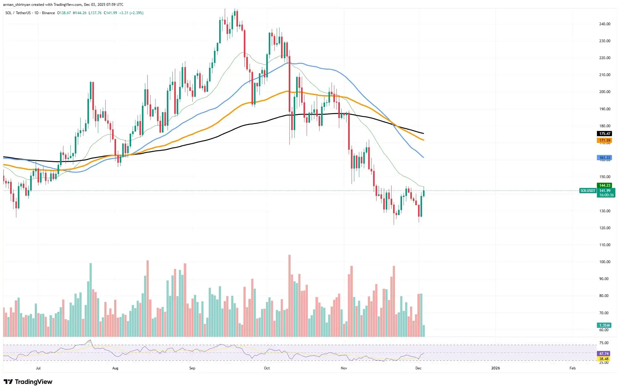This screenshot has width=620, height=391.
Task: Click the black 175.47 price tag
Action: coord(604,134)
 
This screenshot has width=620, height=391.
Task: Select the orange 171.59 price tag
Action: coord(604,141)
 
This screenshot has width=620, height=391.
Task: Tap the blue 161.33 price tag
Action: coord(604,158)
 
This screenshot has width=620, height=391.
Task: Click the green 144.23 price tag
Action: coord(604,185)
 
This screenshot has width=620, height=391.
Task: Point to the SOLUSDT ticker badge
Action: coord(587,191)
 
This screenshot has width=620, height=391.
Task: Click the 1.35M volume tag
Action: coord(604,325)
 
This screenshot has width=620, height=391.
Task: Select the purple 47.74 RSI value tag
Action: coord(604,354)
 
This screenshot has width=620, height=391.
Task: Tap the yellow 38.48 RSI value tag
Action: coord(604,359)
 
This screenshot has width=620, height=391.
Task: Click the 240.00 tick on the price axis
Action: coord(605,24)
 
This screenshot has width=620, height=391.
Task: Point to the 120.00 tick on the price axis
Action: coord(605,228)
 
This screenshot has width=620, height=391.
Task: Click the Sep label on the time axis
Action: coord(192,368)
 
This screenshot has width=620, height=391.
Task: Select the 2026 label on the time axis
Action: coord(495,368)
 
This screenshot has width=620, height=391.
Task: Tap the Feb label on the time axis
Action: coord(572,368)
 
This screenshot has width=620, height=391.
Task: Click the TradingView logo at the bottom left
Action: coord(28,382)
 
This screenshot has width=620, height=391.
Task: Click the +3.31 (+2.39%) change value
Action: coord(131,13)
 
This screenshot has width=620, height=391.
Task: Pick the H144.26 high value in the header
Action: coord(79,13)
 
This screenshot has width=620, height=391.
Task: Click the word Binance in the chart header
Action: coord(48,13)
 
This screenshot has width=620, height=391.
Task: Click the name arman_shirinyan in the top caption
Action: coord(17,4)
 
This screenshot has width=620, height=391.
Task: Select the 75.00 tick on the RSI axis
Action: coord(604,343)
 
